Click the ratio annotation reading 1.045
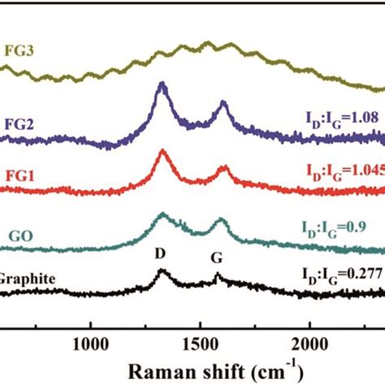tap(344, 172)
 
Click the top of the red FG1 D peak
tap(163, 151)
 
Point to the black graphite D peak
tap(162, 272)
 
